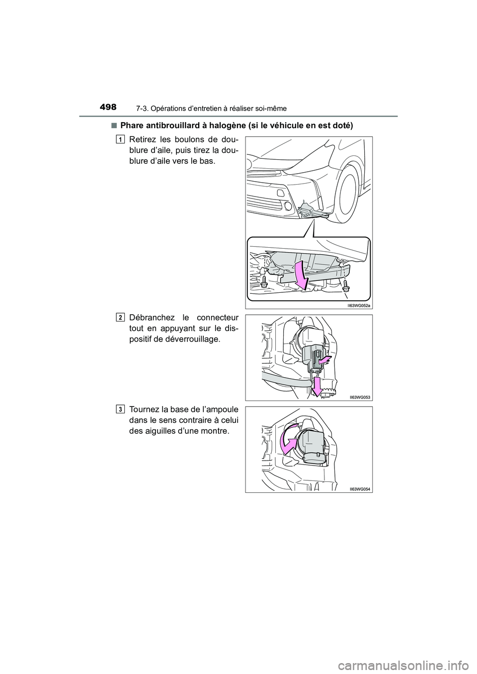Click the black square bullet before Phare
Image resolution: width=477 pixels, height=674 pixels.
point(115,126)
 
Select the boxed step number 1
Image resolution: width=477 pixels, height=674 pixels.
point(121,140)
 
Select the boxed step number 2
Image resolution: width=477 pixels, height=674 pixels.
point(121,317)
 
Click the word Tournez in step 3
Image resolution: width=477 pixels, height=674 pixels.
point(145,410)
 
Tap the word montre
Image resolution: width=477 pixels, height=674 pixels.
point(214,430)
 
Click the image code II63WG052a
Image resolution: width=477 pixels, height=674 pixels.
point(359,306)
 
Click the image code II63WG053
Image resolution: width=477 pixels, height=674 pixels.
point(360,397)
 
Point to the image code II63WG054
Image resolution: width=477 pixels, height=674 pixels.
point(360,489)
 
